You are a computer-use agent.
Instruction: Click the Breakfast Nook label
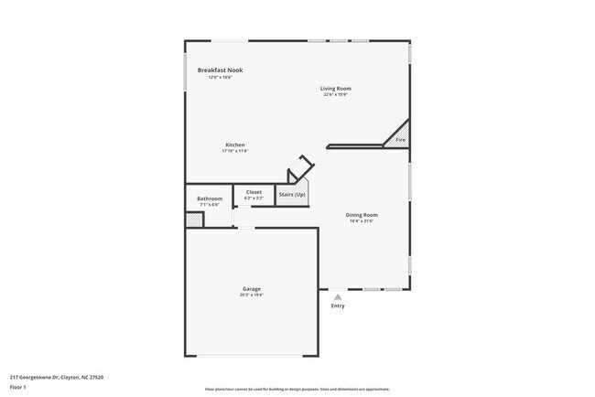point(221,70)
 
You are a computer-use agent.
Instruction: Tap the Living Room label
point(336,89)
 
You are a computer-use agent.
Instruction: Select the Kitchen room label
point(235,145)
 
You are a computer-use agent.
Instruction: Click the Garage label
point(252,289)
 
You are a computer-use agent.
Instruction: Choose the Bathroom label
point(210,198)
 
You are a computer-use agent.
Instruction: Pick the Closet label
point(254,192)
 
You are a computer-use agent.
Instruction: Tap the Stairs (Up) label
point(292,194)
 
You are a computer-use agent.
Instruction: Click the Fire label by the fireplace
point(400,140)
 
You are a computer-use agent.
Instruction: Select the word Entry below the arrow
point(339,306)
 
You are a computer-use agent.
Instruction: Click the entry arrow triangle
point(338,296)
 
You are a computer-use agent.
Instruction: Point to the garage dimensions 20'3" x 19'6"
point(252,295)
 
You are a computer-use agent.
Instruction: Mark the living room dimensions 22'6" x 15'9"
point(336,94)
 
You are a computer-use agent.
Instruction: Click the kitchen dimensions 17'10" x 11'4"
point(235,151)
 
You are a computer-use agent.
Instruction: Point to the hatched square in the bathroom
point(194,220)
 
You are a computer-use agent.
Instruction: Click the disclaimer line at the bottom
point(298,388)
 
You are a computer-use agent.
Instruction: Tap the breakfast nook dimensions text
point(221,77)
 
